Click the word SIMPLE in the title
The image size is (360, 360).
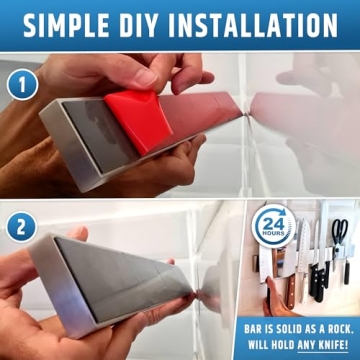click(71, 23)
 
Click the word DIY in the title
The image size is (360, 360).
click(150, 23)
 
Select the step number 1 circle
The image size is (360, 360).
click(21, 85)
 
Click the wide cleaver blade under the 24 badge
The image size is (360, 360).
click(278, 262)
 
